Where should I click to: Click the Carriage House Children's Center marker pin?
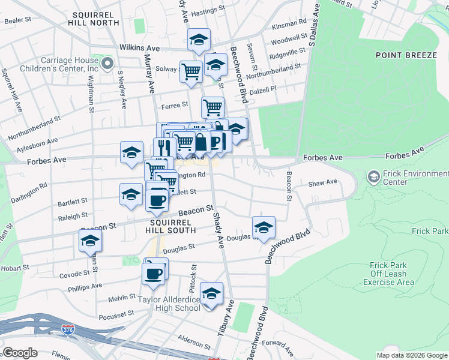(x=107, y=64)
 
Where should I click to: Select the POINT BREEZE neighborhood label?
(x=406, y=55)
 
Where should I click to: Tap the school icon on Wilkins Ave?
(x=198, y=40)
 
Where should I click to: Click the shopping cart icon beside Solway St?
(x=191, y=71)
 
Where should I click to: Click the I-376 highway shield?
(x=67, y=329)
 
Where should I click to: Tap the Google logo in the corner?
(x=20, y=352)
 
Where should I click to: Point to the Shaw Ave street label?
(x=322, y=183)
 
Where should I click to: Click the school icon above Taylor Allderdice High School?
(x=211, y=294)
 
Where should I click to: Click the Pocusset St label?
(x=116, y=314)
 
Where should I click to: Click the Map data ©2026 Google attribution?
(x=411, y=355)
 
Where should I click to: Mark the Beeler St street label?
(x=17, y=20)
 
